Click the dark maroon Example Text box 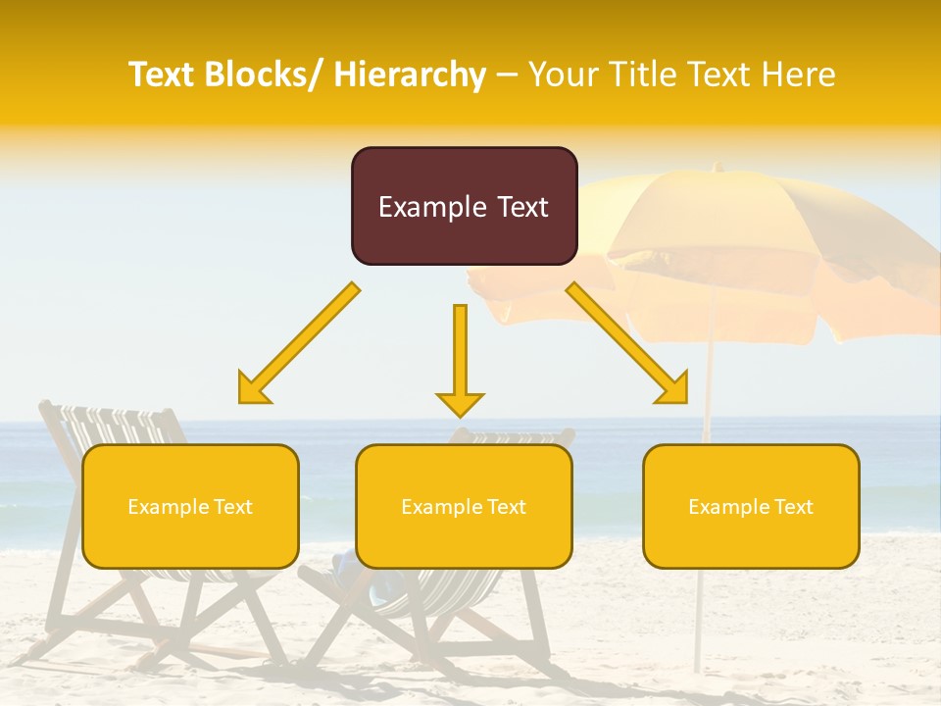(464, 206)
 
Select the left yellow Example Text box (190, 506)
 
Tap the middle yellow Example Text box (464, 506)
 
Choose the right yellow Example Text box (751, 506)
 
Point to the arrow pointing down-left (299, 344)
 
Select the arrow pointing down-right (627, 343)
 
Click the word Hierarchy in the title (409, 75)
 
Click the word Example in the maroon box (431, 207)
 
